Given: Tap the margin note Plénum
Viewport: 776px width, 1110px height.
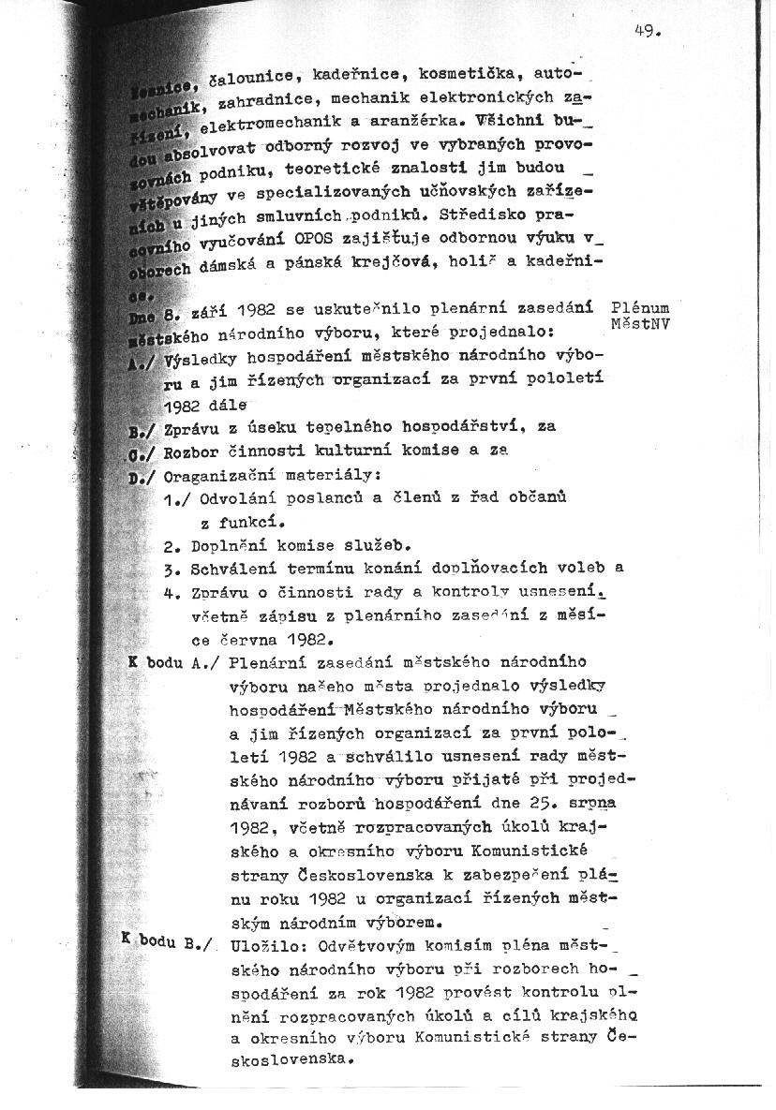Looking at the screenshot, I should pyautogui.click(x=645, y=307).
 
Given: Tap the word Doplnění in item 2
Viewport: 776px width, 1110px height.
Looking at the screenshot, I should pyautogui.click(x=228, y=544).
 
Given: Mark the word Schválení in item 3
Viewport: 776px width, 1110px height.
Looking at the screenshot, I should pyautogui.click(x=232, y=569).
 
